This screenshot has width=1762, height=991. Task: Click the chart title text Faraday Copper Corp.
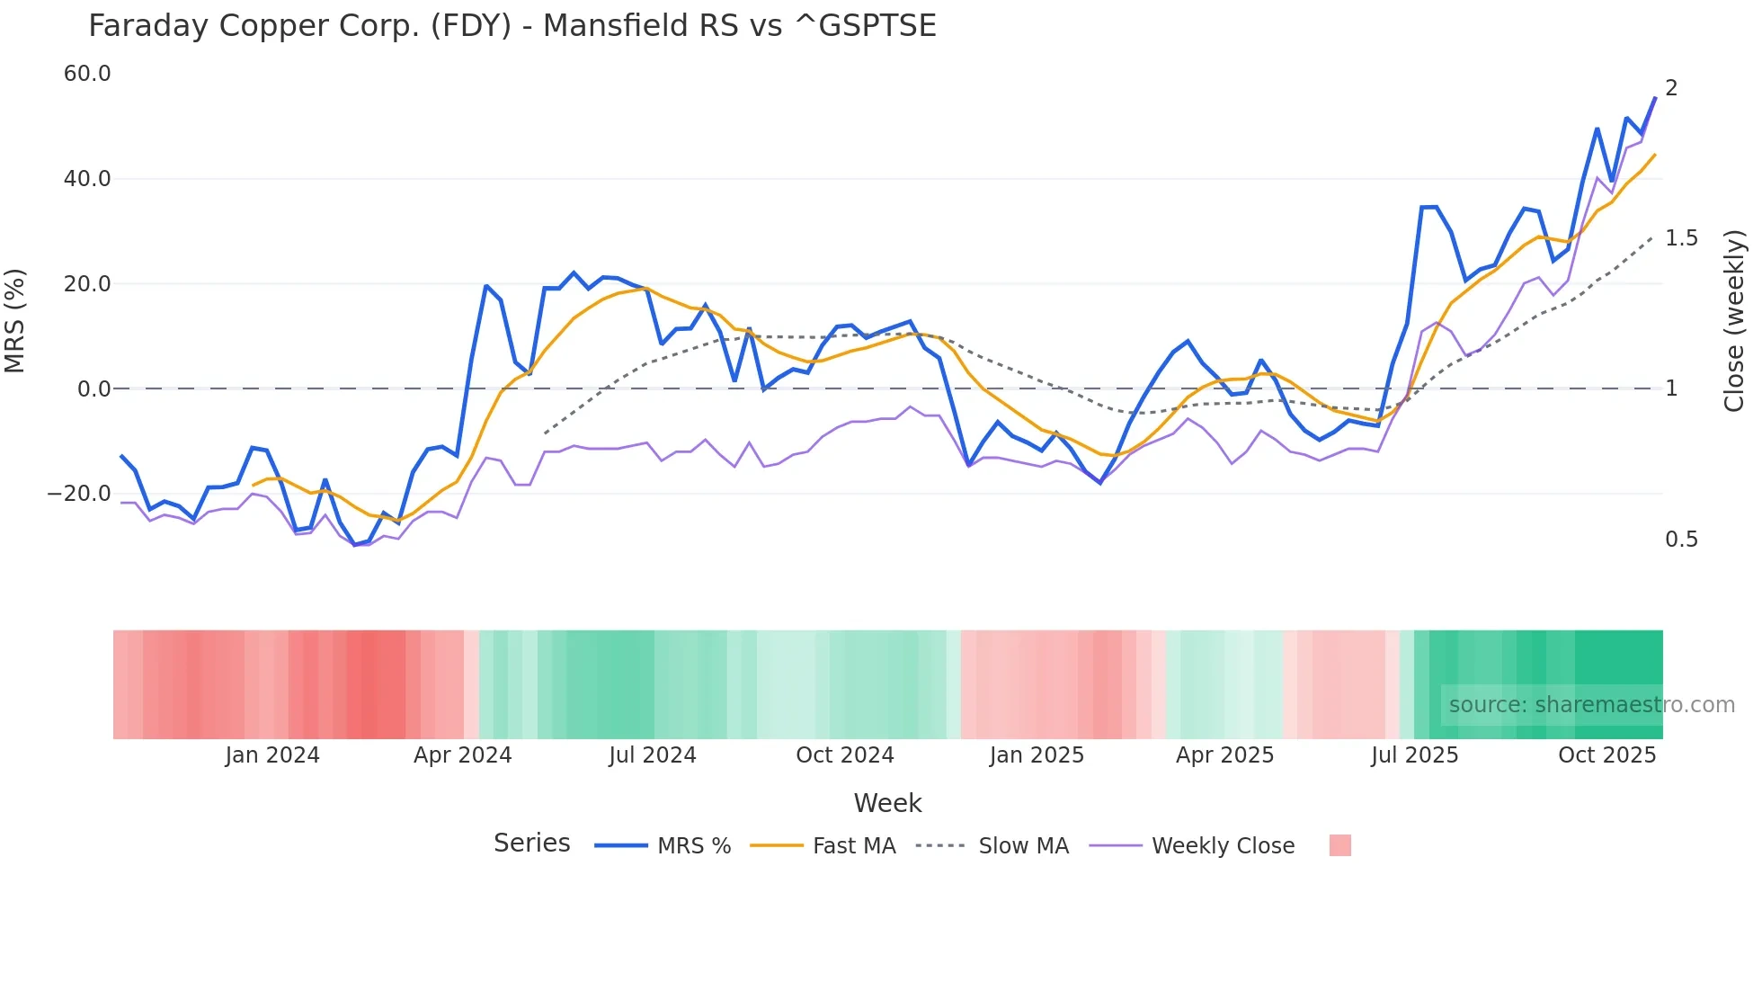click(x=512, y=26)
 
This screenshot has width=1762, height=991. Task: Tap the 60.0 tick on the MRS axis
click(x=87, y=74)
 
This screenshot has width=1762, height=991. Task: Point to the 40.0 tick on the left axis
click(x=87, y=179)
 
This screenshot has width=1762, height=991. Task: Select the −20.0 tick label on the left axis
click(x=79, y=494)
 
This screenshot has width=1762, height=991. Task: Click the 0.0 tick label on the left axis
click(x=94, y=389)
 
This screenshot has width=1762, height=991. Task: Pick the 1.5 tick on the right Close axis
click(x=1681, y=238)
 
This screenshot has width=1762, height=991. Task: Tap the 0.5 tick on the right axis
click(x=1681, y=540)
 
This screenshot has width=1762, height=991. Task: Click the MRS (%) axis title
click(x=15, y=321)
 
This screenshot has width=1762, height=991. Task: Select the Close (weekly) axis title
click(x=1734, y=321)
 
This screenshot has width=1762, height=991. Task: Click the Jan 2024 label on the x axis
click(x=272, y=755)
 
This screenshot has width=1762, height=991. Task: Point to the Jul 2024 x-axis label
click(x=653, y=755)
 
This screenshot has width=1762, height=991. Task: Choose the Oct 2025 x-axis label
click(x=1606, y=755)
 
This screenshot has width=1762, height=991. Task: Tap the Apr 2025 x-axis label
click(x=1224, y=755)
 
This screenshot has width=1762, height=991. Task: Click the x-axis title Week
click(x=887, y=803)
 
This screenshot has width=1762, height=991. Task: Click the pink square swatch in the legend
click(x=1339, y=846)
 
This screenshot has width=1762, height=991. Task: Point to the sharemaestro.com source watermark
click(x=1591, y=705)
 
